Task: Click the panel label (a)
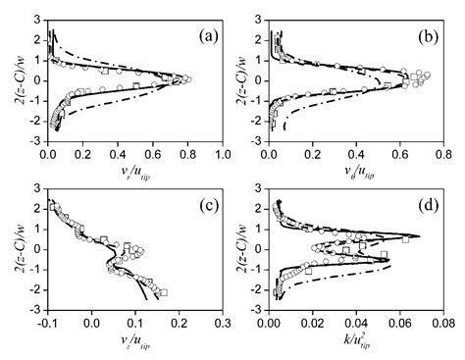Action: click(x=208, y=37)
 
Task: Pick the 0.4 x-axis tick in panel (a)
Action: click(x=118, y=154)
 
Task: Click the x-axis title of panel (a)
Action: click(x=135, y=170)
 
